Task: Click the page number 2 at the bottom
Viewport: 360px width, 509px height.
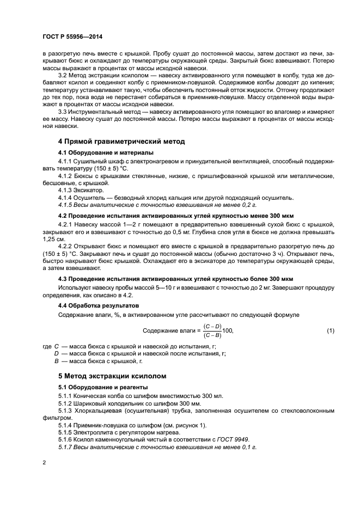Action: (44, 462)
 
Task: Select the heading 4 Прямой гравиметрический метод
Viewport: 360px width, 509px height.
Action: (121, 141)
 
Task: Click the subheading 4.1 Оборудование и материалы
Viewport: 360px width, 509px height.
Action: (106, 152)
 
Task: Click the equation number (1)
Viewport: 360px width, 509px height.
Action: (330, 330)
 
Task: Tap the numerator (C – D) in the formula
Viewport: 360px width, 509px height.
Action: (212, 326)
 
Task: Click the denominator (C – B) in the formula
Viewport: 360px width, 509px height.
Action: (212, 335)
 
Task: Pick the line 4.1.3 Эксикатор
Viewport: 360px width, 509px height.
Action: (80, 191)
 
